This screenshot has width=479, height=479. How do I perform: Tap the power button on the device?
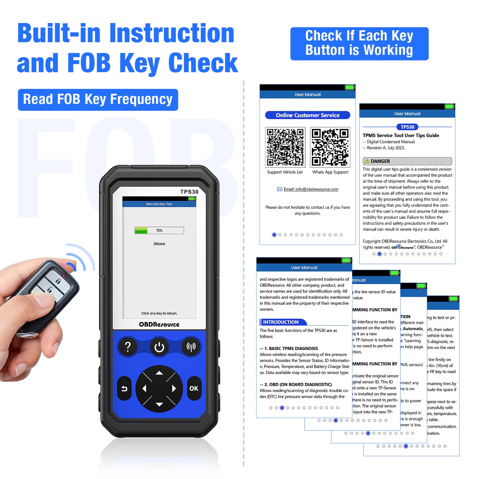click(x=159, y=347)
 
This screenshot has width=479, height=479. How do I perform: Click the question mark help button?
click(x=128, y=347)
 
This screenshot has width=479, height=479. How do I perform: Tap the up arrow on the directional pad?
click(x=159, y=373)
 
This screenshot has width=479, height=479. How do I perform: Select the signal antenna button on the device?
click(x=191, y=347)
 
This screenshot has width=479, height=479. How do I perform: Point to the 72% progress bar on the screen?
click(x=159, y=230)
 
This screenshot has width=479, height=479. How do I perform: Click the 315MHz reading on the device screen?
click(x=159, y=244)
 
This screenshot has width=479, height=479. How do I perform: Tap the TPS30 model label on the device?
click(x=189, y=192)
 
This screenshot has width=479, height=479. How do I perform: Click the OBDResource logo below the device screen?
click(x=159, y=324)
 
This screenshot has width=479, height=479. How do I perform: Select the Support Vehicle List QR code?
click(x=285, y=147)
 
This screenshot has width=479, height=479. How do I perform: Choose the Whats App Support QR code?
click(x=330, y=147)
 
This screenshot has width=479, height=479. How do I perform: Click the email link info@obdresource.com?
click(x=311, y=189)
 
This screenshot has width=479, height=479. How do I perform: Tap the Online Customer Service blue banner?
click(x=308, y=115)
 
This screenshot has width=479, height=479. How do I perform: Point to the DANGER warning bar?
click(x=407, y=161)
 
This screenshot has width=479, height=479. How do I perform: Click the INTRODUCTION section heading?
click(x=281, y=322)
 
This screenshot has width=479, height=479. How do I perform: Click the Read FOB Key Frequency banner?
click(x=98, y=99)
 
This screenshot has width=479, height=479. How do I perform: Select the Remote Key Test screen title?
click(x=159, y=204)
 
